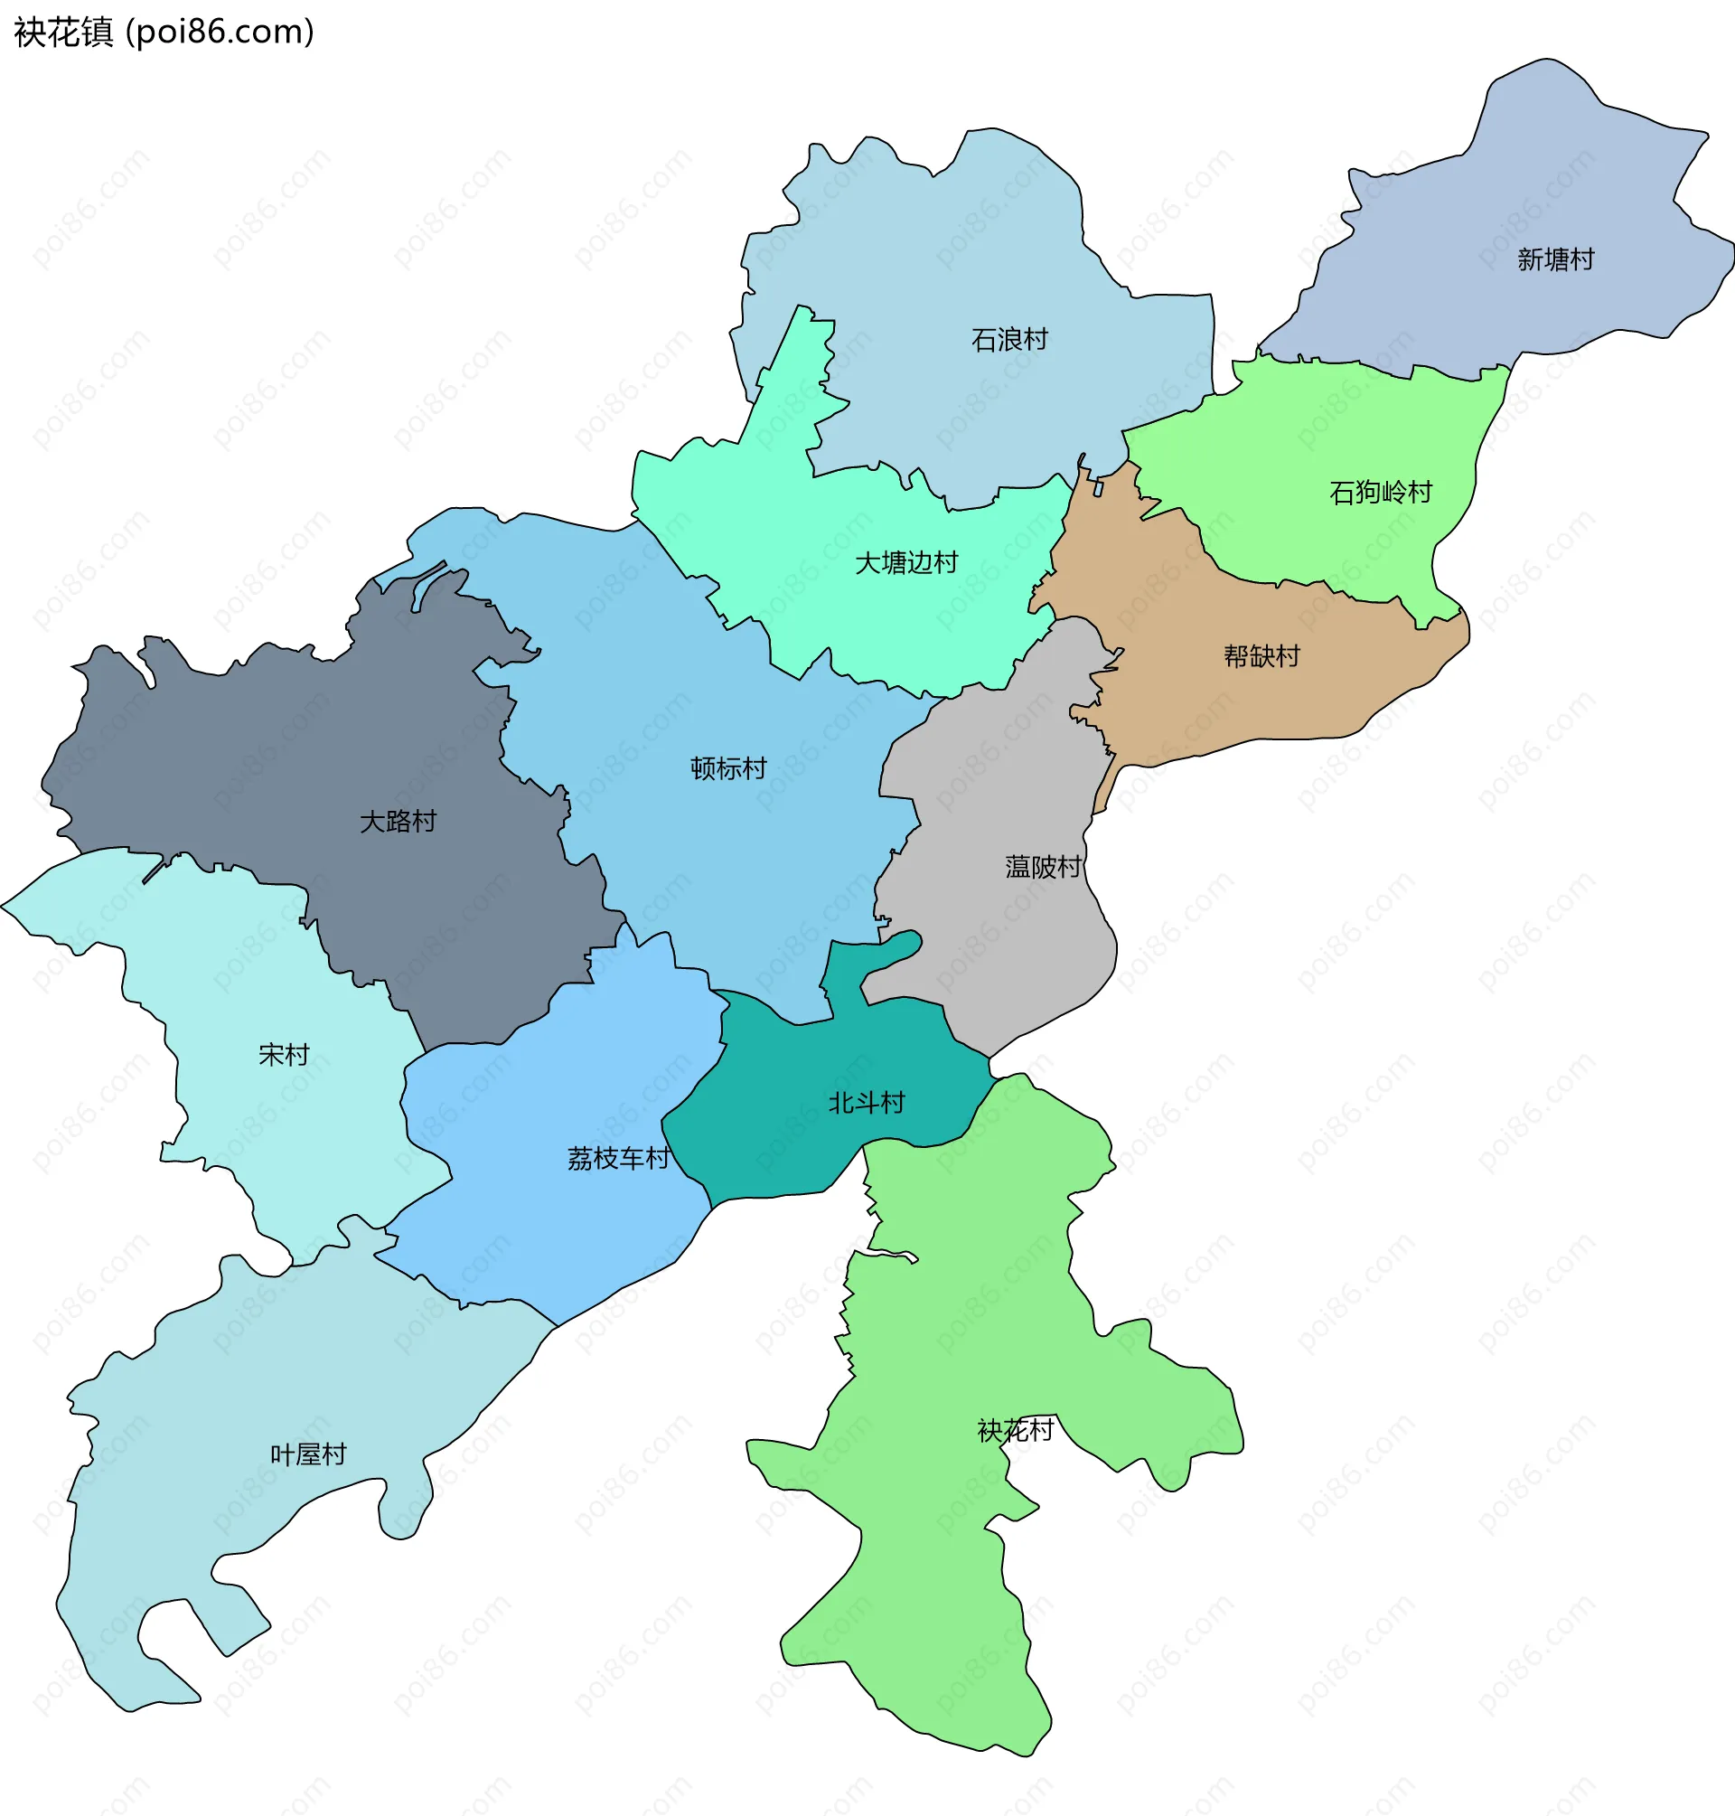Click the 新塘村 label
[1555, 260]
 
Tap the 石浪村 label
[1009, 341]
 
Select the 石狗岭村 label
[1380, 492]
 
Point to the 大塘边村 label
[905, 563]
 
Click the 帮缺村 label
[1261, 657]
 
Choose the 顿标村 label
[727, 768]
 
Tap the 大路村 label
[398, 822]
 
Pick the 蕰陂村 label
[1042, 867]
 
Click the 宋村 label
[284, 1055]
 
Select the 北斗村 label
[866, 1103]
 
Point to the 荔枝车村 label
[618, 1158]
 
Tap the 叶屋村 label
[308, 1455]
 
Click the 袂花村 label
[1015, 1431]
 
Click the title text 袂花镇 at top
[63, 33]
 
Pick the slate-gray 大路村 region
[277, 758]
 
